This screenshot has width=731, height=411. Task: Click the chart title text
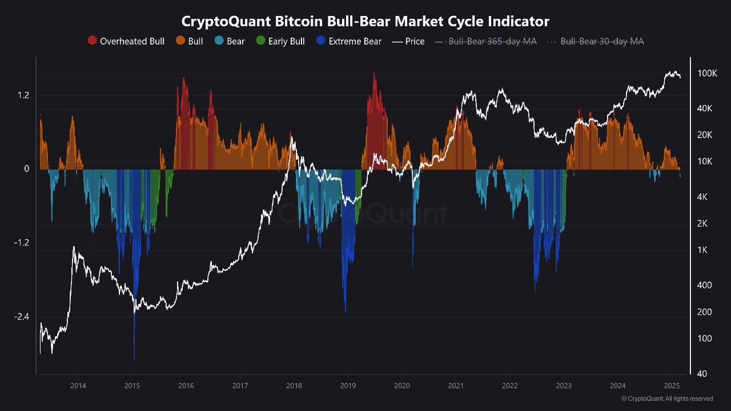(x=365, y=21)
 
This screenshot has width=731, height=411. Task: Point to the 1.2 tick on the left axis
(x=23, y=95)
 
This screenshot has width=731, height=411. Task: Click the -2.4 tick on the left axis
(x=21, y=317)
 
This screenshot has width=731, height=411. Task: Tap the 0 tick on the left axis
(x=26, y=169)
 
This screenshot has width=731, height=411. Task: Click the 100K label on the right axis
(x=708, y=73)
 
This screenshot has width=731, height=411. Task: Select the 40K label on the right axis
(x=705, y=108)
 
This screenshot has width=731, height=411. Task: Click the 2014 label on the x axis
(x=78, y=386)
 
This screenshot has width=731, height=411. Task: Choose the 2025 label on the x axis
(x=671, y=386)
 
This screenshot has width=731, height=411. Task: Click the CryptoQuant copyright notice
(x=666, y=398)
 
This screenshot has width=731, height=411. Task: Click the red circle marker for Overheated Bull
(x=92, y=41)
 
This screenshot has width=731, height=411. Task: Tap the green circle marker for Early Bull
(x=260, y=41)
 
